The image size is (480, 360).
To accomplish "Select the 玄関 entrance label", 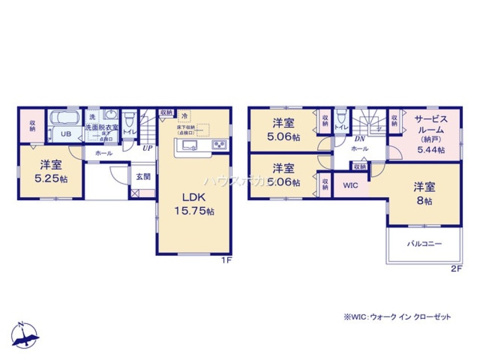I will pos(143,177).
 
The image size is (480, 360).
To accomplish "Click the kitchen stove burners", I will pos(219,144).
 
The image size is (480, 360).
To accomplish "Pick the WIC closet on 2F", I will pos(351,185).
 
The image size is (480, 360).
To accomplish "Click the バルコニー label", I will pos(424,243).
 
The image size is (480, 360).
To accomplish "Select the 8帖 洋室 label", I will pos(424,193).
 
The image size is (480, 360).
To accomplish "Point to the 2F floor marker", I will pos(456,269).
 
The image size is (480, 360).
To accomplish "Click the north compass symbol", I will pos(25,334).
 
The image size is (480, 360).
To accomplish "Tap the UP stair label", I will pos(147,148).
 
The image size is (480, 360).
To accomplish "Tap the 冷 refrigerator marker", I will pos(184,115).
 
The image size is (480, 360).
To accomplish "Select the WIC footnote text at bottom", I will pos(397,317).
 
